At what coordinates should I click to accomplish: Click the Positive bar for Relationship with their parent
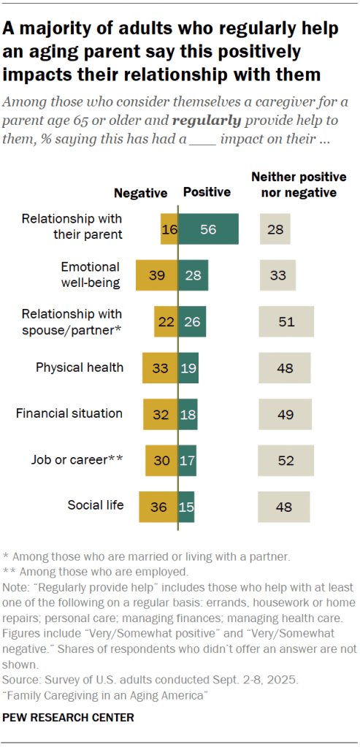tap(209, 229)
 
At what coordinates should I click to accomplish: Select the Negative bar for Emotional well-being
tap(157, 275)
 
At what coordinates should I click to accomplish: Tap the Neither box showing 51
tap(286, 321)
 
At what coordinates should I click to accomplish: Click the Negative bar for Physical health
tap(161, 367)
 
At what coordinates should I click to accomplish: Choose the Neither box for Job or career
tap(286, 460)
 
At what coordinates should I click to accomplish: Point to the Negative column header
tap(140, 193)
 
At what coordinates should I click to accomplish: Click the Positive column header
tap(207, 193)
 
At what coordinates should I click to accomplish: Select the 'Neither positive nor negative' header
tap(294, 185)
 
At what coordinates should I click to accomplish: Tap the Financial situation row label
tap(69, 413)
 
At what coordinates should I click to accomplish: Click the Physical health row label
tap(80, 367)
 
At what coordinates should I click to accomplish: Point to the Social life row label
tap(95, 505)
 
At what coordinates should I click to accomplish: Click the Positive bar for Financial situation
tap(188, 413)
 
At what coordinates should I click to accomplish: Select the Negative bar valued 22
tap(166, 321)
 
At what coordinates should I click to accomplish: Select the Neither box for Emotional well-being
tap(277, 275)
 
